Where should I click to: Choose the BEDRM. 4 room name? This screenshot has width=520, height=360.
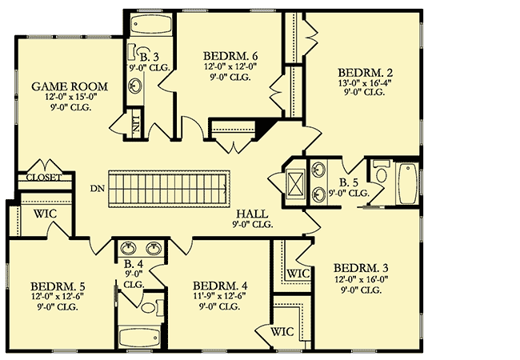217,285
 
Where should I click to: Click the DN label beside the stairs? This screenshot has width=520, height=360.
98,189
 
